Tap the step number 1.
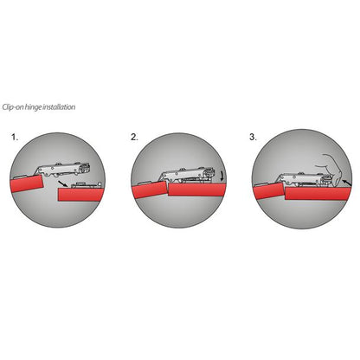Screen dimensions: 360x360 pyautogui.click(x=15, y=137)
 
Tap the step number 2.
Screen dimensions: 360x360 pyautogui.click(x=134, y=137)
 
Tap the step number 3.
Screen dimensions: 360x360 pyautogui.click(x=253, y=137)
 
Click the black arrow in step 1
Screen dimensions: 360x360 pyautogui.click(x=63, y=183)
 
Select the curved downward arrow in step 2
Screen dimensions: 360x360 pyautogui.click(x=222, y=176)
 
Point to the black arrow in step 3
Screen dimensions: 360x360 pyautogui.click(x=348, y=183)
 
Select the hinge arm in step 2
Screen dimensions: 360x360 pyautogui.click(x=188, y=175)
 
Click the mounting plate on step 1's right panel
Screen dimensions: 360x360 pyautogui.click(x=86, y=185)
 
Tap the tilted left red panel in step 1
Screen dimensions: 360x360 pyautogui.click(x=27, y=183)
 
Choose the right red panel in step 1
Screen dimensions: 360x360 pyautogui.click(x=80, y=195)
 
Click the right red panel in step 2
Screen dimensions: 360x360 pyautogui.click(x=197, y=190)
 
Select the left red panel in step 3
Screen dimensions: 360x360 pyautogui.click(x=269, y=190)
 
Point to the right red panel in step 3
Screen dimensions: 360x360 pyautogui.click(x=318, y=193)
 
